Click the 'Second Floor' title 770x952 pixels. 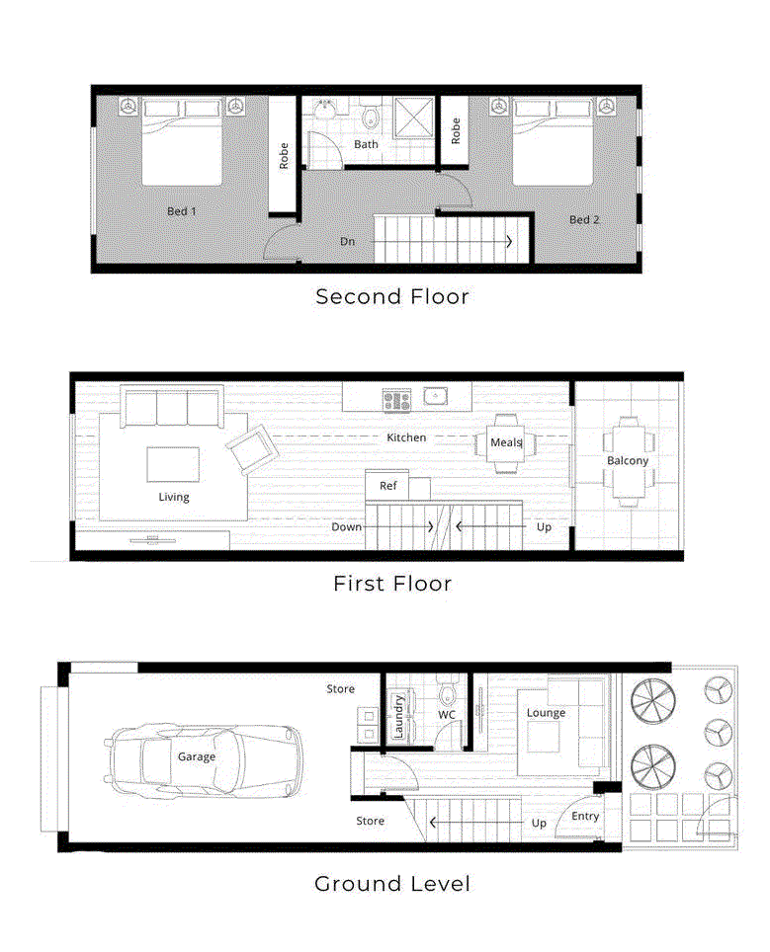(391, 296)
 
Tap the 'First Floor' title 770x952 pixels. (391, 584)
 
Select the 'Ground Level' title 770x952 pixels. (391, 883)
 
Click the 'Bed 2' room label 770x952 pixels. (583, 219)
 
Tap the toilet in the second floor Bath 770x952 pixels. (370, 119)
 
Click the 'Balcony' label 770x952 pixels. (628, 461)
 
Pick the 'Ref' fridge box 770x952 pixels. (388, 486)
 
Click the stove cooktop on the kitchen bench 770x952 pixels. (396, 399)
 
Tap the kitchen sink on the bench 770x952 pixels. (436, 398)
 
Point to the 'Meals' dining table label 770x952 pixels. (505, 442)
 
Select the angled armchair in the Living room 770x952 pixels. (251, 450)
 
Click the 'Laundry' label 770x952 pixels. (398, 716)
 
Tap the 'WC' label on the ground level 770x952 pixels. (447, 714)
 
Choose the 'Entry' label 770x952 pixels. (585, 816)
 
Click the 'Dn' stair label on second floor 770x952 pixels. (347, 241)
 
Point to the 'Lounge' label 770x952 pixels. (546, 713)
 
